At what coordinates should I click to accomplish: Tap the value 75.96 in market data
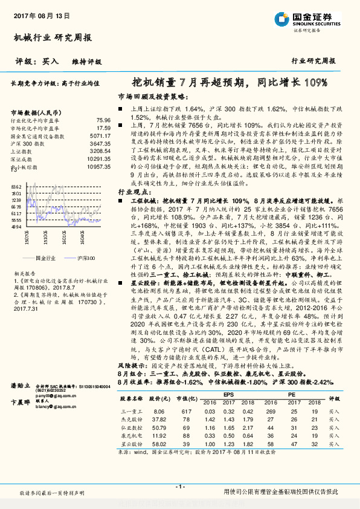coord(103,121)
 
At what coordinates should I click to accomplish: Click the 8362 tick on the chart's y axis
coord(16,188)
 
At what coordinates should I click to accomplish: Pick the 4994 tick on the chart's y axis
coord(16,227)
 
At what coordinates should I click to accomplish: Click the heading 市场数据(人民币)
coord(37,112)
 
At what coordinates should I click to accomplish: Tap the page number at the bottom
coord(179,487)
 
